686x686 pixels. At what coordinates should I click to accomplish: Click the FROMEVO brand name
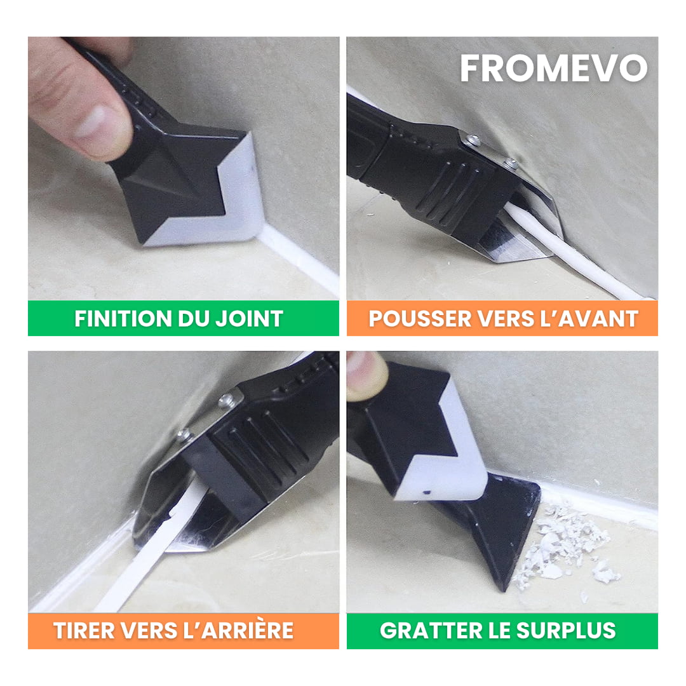(x=553, y=69)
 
